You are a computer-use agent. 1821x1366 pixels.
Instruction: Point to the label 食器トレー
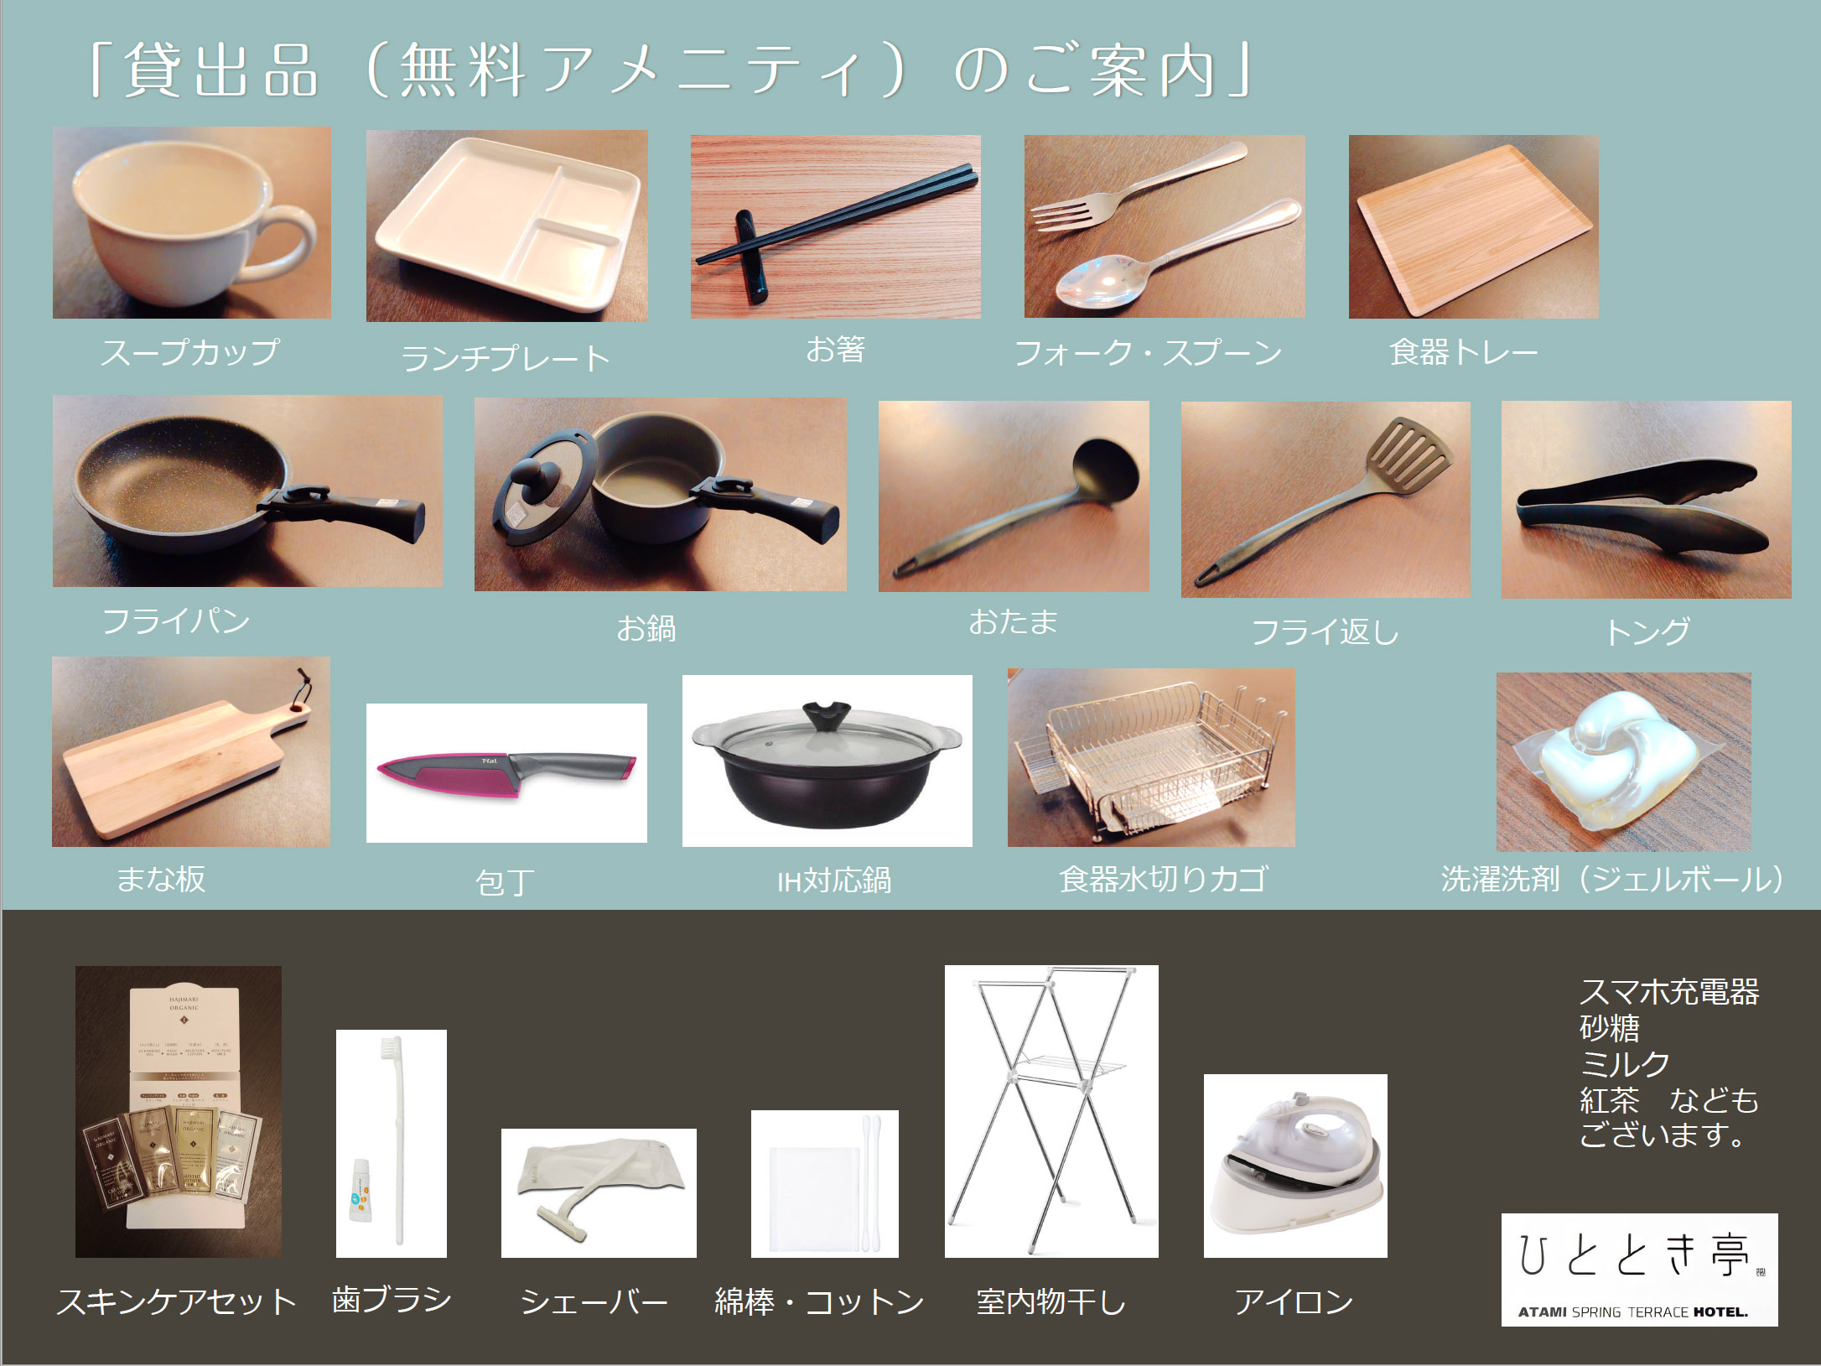[1463, 352]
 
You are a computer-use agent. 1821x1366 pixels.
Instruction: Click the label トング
[1646, 631]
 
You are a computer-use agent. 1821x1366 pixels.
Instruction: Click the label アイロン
[1294, 1301]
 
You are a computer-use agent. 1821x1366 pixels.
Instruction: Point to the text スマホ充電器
[1668, 992]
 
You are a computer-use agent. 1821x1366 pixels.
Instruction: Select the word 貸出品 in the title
[222, 71]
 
